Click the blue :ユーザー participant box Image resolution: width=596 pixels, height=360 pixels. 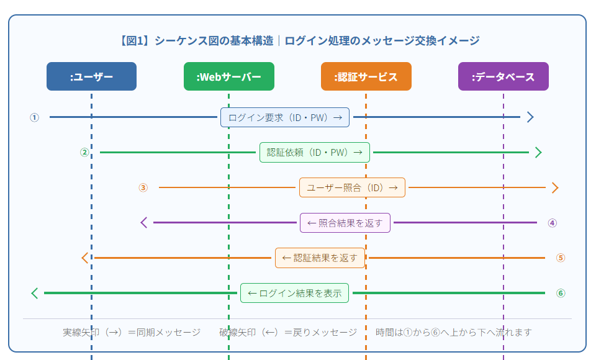pyautogui.click(x=92, y=76)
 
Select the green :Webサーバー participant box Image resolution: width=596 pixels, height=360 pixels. pyautogui.click(x=229, y=76)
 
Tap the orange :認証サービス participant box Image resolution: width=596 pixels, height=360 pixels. pyautogui.click(x=366, y=76)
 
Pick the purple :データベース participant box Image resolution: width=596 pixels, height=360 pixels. pyautogui.click(x=503, y=76)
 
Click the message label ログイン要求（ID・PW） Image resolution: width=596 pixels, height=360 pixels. pyautogui.click(x=285, y=117)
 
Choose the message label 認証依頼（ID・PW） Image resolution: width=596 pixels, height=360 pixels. pyautogui.click(x=315, y=153)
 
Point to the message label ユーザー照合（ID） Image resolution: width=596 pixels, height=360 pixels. pyautogui.click(x=353, y=187)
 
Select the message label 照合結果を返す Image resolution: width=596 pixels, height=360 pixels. pyautogui.click(x=345, y=223)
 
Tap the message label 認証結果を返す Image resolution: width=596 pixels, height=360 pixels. pyautogui.click(x=320, y=258)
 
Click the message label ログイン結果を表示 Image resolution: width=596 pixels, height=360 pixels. pyautogui.click(x=294, y=293)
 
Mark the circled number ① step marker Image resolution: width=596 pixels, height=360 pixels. pyautogui.click(x=35, y=117)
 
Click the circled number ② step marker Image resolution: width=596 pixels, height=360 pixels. pyautogui.click(x=84, y=153)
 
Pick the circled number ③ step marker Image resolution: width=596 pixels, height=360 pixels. pyautogui.click(x=143, y=187)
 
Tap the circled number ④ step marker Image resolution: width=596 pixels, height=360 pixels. pyautogui.click(x=553, y=223)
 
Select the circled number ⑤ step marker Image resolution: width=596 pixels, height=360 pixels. pyautogui.click(x=561, y=258)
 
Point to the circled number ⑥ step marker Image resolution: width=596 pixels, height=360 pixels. pyautogui.click(x=561, y=293)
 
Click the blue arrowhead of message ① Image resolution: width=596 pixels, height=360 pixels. pyautogui.click(x=531, y=117)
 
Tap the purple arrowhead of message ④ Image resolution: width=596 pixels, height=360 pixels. pyautogui.click(x=143, y=223)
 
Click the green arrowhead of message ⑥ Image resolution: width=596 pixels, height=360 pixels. pyautogui.click(x=35, y=293)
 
